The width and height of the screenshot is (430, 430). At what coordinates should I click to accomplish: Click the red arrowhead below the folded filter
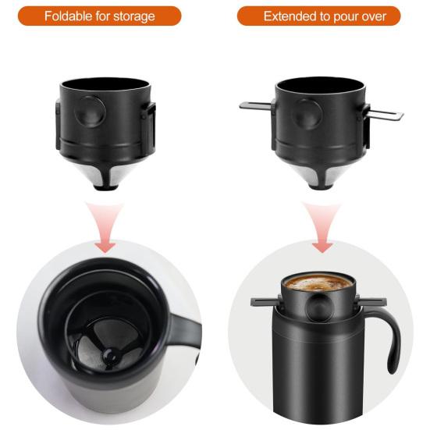[x=104, y=245]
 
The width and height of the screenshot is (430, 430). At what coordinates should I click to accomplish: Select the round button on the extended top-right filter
[x=305, y=113]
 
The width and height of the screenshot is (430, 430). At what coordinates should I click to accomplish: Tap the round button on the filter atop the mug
[x=318, y=309]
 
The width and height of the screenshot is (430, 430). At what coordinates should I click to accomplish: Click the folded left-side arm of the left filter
[x=59, y=125]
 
